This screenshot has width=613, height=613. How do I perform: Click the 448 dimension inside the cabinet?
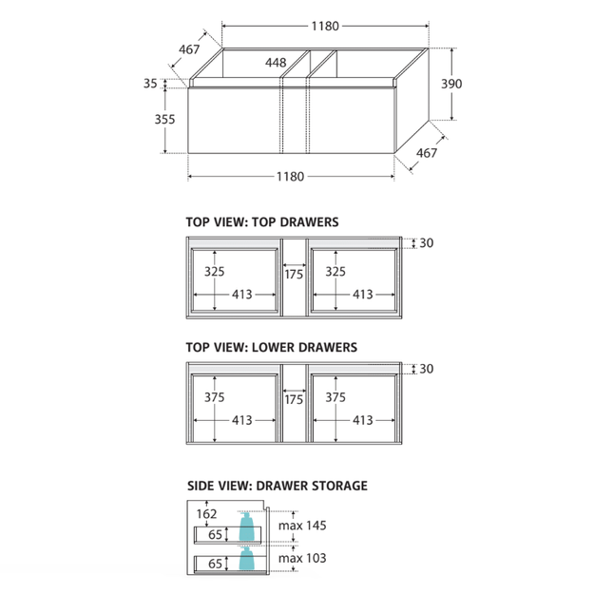276,63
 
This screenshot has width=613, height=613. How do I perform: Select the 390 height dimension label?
451,84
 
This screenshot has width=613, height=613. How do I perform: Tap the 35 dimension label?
150,84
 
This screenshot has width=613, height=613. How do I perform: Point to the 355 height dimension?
164,119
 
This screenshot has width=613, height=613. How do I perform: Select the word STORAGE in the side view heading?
339,486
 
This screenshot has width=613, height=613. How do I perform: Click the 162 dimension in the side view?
206,514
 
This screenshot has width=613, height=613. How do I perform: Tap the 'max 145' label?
302,526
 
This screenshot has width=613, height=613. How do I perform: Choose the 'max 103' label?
302,558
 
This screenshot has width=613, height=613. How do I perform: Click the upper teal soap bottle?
247,527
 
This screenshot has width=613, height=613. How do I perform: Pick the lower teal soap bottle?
247,558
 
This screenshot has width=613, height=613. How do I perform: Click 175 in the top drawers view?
294,275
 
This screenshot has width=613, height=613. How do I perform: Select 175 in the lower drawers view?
294,399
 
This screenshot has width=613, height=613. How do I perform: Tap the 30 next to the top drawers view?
427,243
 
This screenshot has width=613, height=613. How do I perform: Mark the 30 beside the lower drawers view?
427,369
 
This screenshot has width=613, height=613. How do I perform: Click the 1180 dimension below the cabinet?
290,177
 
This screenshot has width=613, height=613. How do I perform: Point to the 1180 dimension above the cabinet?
325,27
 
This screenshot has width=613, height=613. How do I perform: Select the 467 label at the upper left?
189,49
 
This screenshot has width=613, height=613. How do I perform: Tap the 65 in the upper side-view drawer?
215,534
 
